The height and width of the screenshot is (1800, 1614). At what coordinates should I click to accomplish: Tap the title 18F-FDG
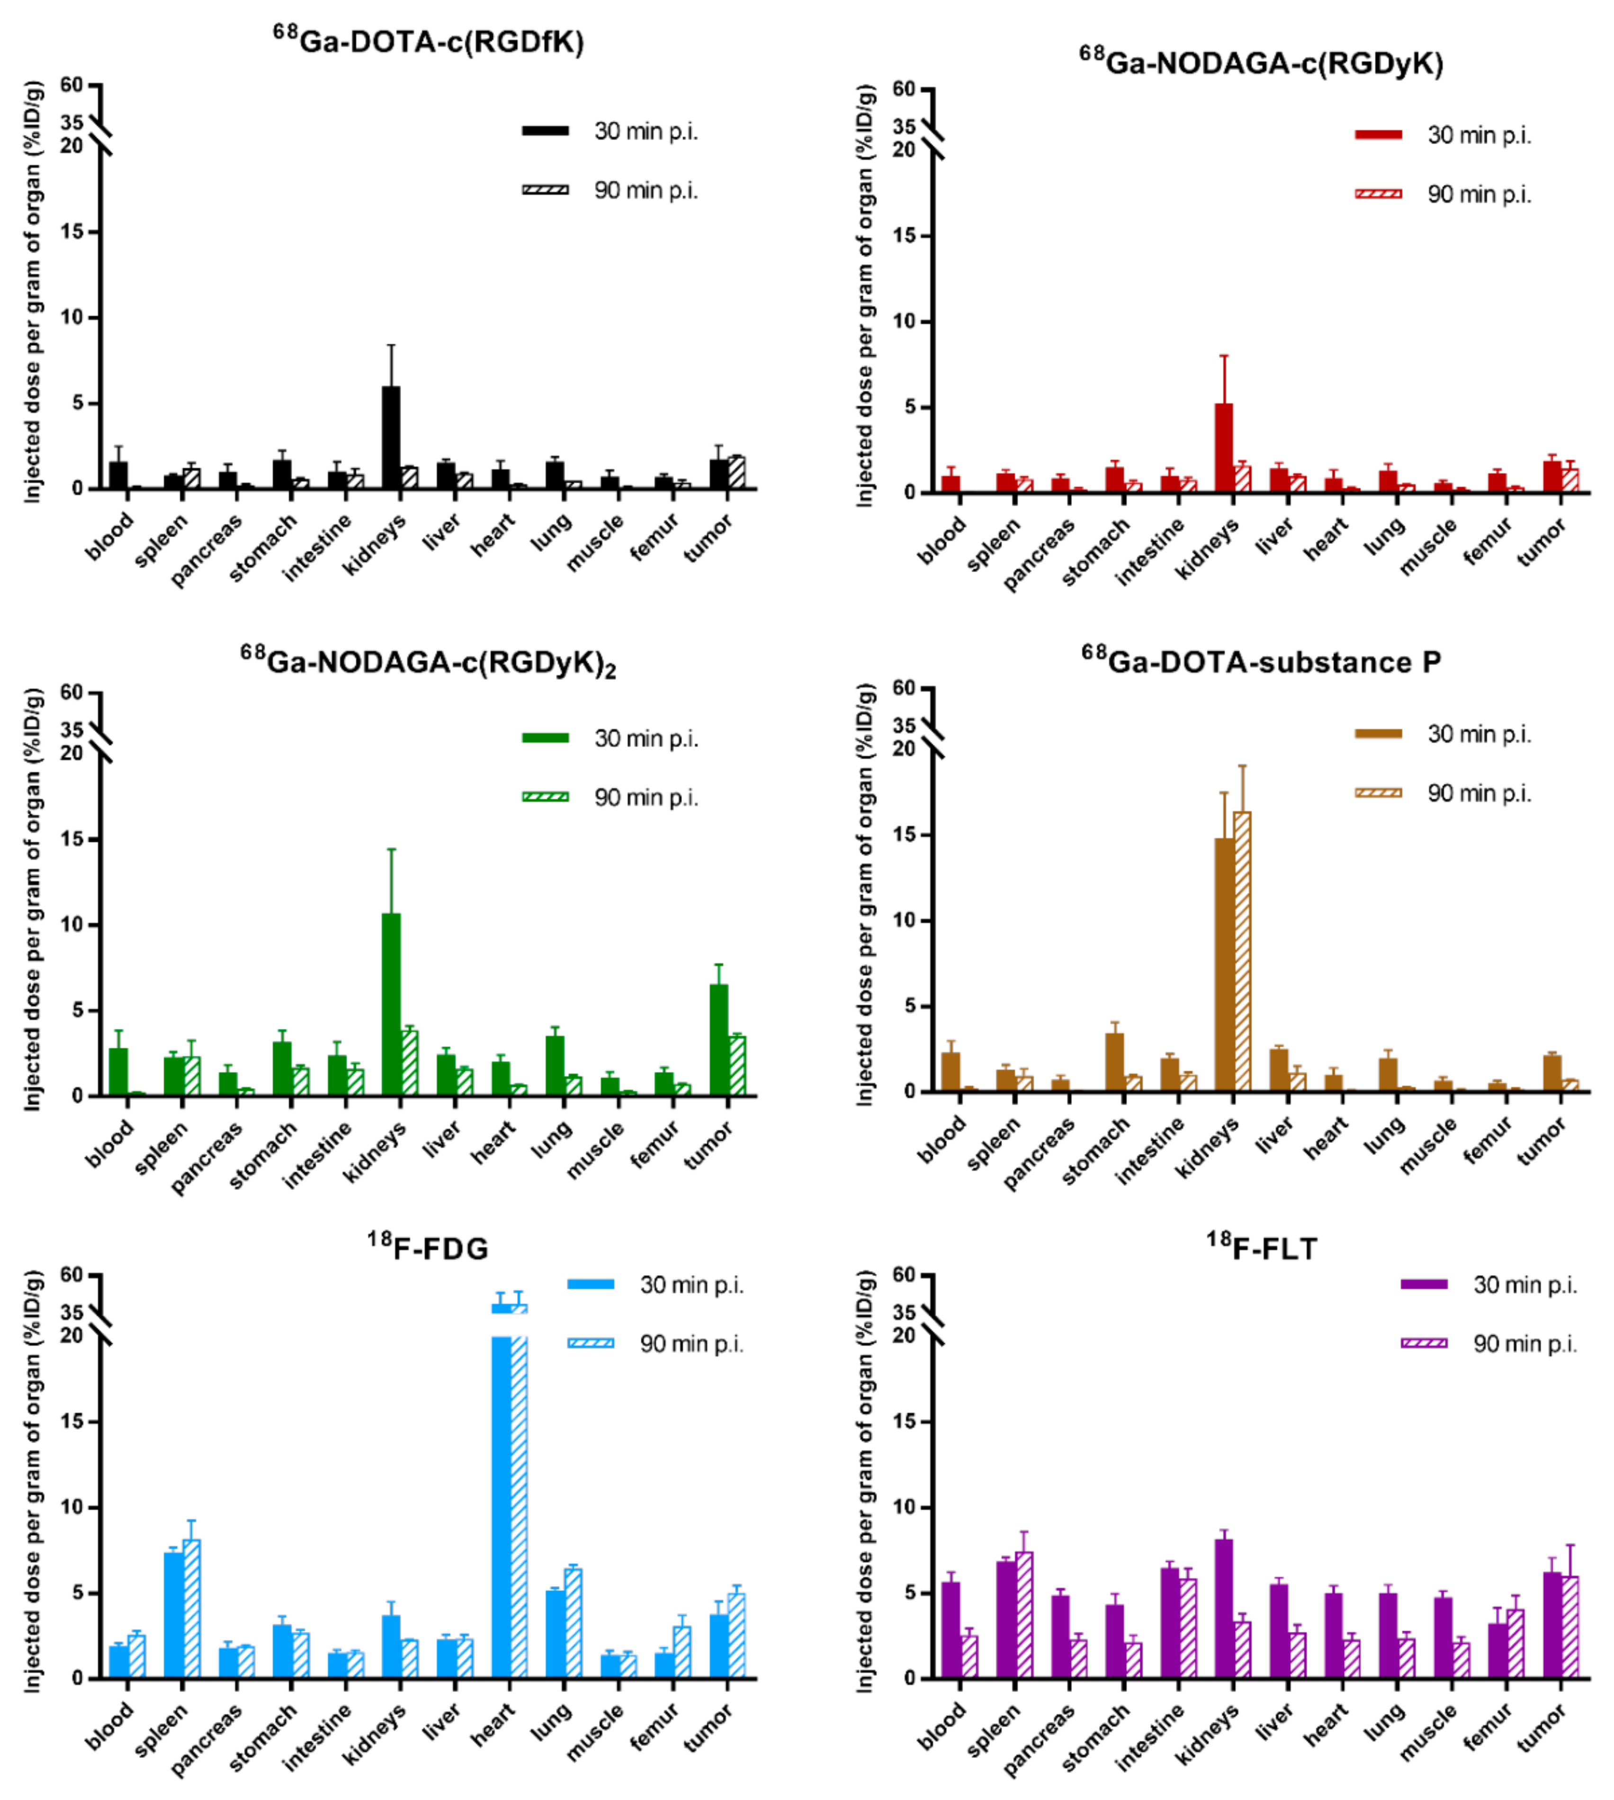[x=428, y=1248]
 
